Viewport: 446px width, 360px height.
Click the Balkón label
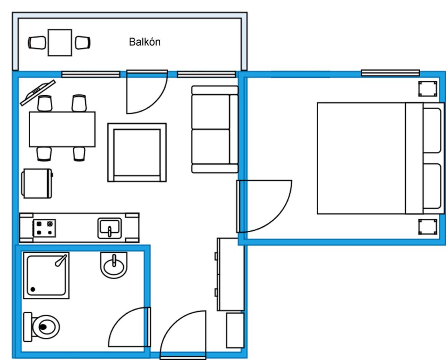pyautogui.click(x=145, y=42)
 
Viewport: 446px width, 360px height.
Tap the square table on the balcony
pyautogui.click(x=60, y=43)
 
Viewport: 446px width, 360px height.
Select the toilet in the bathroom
pyautogui.click(x=41, y=327)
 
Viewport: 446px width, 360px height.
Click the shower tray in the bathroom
pyautogui.click(x=46, y=275)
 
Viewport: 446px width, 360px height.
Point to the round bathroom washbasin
pyautogui.click(x=114, y=265)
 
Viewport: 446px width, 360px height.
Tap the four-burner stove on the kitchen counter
pyautogui.click(x=44, y=228)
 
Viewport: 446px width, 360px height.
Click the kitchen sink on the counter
pyautogui.click(x=109, y=228)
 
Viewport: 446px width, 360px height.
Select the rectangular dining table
pyautogui.click(x=62, y=129)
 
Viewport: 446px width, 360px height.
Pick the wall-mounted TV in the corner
pyautogui.click(x=38, y=93)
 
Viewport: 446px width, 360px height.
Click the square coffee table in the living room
pyautogui.click(x=137, y=152)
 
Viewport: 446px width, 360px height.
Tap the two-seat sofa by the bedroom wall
pyautogui.click(x=215, y=129)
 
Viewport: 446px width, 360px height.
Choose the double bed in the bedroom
pyautogui.click(x=381, y=158)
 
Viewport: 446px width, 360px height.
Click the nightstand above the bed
pyautogui.click(x=428, y=89)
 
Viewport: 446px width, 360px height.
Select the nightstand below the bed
pyautogui.click(x=428, y=227)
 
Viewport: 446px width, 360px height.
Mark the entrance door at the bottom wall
pyautogui.click(x=183, y=335)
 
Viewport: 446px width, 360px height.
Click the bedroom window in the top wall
pyautogui.click(x=390, y=73)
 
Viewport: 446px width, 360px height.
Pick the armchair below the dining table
pyautogui.click(x=37, y=183)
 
